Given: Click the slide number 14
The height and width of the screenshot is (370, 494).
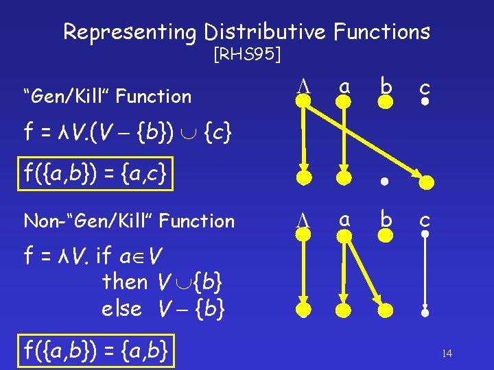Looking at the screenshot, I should click(x=447, y=354).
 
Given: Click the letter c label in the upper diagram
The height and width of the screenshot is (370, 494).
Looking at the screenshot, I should click(x=425, y=86).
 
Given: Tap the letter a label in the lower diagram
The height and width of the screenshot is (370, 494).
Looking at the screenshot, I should click(x=344, y=218).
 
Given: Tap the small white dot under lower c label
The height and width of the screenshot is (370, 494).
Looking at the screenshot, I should click(x=425, y=234).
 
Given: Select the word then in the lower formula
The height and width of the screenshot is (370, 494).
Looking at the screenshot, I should click(x=124, y=282).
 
